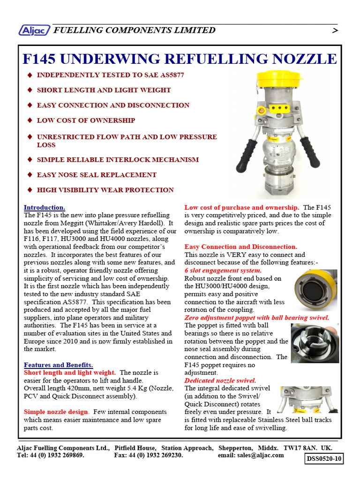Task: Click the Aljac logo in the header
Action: (34, 30)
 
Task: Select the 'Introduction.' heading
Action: (45, 207)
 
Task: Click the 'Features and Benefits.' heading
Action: (59, 365)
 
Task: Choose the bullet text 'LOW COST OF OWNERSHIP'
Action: (86, 120)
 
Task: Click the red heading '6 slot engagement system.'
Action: (223, 270)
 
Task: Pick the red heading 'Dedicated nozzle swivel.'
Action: (220, 381)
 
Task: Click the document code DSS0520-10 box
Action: (324, 458)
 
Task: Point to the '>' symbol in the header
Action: (335, 31)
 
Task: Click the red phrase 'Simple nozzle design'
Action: (56, 412)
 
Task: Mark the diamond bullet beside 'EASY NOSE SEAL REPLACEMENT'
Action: (30, 175)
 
